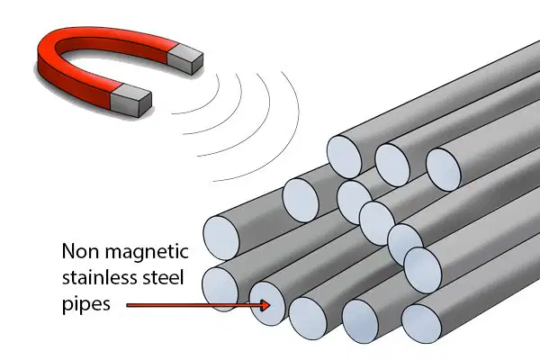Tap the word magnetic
point(147,253)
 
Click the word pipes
point(86,305)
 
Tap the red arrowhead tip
point(270,305)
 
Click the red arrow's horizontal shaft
point(193,305)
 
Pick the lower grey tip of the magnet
point(131,100)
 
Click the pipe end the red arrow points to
point(268,303)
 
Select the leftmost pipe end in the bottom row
point(220,290)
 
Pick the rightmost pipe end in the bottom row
point(421,323)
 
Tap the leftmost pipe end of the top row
point(345,157)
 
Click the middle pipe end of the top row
point(392,166)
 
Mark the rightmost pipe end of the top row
point(444,170)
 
